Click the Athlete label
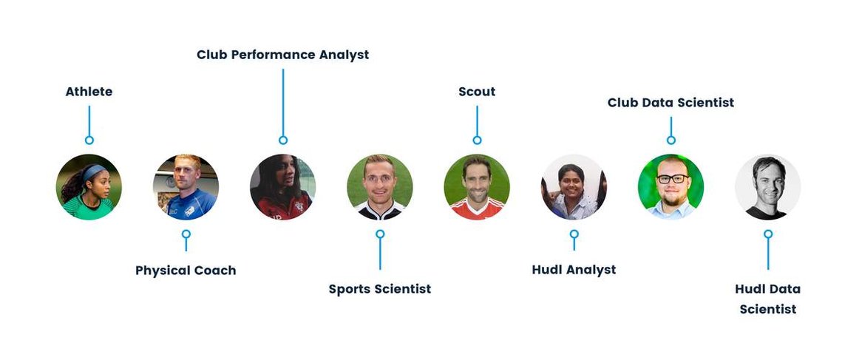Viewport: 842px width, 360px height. (89, 92)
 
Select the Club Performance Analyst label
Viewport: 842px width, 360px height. (283, 55)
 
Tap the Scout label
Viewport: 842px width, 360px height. (477, 92)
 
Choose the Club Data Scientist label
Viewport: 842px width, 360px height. (670, 103)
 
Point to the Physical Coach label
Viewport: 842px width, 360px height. (186, 271)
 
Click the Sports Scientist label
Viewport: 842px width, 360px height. (380, 289)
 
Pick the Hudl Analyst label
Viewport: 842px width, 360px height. (574, 270)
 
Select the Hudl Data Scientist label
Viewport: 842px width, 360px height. (768, 299)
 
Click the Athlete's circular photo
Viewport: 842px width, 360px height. (89, 187)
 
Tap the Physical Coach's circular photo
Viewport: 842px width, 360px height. (186, 187)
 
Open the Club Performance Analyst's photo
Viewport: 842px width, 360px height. (283, 187)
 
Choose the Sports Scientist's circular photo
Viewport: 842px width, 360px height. (380, 187)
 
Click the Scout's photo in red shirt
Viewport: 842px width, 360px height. (477, 187)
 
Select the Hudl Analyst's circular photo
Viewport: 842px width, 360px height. (574, 187)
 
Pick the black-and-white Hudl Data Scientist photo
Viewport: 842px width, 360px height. (768, 187)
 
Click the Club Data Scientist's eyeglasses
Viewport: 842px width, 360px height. (671, 178)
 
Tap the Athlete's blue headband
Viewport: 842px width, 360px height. (95, 172)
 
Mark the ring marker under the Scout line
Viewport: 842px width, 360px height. (477, 140)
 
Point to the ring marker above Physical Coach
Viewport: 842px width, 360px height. (186, 234)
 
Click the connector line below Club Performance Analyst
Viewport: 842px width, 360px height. (283, 102)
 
